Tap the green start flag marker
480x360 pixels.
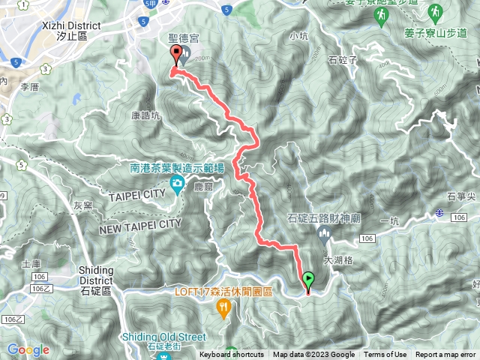(308, 281)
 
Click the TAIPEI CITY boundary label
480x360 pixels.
(136, 193)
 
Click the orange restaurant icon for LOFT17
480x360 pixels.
(223, 307)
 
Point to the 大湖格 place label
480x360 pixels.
(337, 261)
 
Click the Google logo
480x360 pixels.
(28, 349)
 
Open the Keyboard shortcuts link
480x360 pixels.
(231, 355)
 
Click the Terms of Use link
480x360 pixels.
(385, 355)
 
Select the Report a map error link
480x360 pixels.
(446, 355)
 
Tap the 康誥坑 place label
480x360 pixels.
(145, 116)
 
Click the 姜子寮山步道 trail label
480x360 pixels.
(434, 33)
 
